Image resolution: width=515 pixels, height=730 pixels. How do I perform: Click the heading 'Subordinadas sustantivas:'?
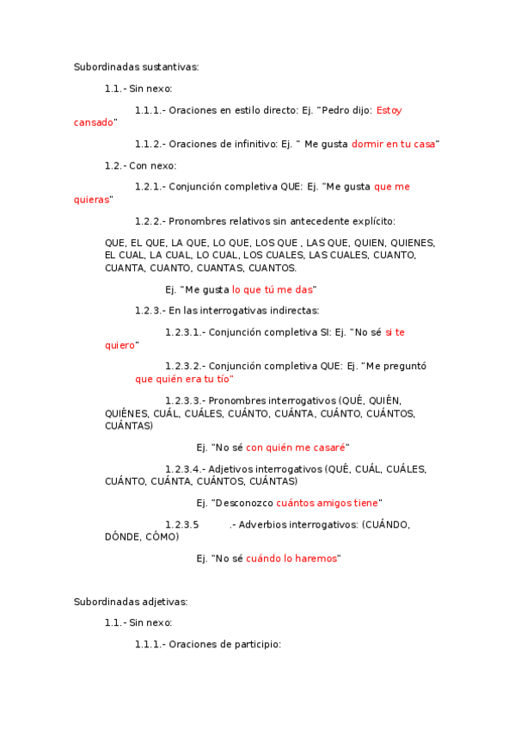point(136,66)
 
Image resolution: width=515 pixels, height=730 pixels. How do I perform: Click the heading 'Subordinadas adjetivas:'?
point(131,602)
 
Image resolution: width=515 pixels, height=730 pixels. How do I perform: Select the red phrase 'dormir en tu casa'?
point(394,144)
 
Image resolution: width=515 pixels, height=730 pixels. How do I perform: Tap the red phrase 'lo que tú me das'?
point(273,290)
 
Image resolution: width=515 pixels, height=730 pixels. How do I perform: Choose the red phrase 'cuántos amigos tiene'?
point(327,503)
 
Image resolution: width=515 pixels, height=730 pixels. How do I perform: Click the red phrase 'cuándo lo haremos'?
point(291,559)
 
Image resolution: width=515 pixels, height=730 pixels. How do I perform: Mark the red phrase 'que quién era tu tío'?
point(184,379)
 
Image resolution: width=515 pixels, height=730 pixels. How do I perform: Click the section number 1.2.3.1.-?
point(185,331)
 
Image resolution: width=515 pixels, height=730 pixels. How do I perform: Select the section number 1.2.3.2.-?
point(185,366)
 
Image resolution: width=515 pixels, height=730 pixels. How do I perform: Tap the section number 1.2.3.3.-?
point(185,400)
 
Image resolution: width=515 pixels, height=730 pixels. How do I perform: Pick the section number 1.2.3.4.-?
point(185,469)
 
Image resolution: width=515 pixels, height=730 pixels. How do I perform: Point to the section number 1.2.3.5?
point(182,524)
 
